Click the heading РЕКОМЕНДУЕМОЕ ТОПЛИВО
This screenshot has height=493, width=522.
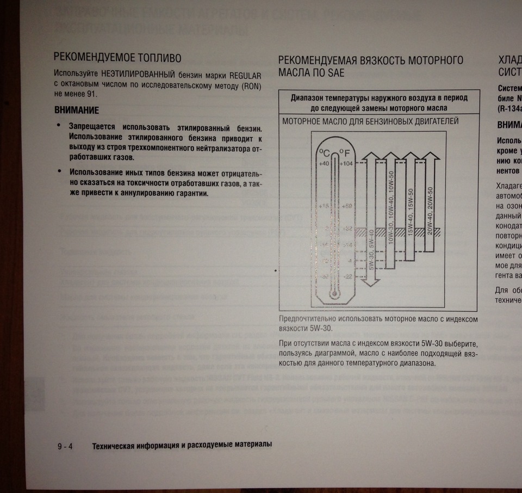tap(117, 58)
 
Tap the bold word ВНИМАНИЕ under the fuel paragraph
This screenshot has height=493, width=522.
tap(77, 110)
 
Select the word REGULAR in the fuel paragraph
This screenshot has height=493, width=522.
tap(245, 75)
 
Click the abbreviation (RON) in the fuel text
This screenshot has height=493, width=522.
tap(251, 85)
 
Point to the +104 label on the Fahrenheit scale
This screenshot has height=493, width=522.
tap(346, 164)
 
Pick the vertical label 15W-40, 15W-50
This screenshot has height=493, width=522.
tap(411, 212)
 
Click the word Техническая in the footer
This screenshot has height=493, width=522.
tap(116, 445)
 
